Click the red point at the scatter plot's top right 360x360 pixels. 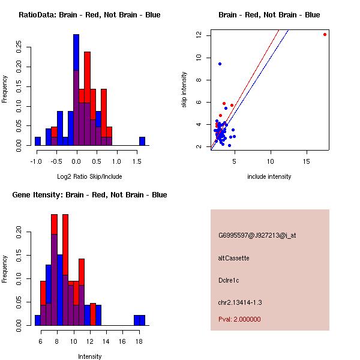[325, 34]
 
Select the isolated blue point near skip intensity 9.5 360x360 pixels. [220, 64]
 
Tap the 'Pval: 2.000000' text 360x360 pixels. [239, 319]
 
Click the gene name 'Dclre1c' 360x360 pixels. [230, 280]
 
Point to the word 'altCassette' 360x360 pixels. [233, 258]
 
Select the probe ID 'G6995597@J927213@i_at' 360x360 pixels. [257, 235]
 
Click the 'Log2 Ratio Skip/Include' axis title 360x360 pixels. [89, 176]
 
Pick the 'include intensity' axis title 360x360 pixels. [269, 176]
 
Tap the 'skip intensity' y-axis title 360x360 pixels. [184, 90]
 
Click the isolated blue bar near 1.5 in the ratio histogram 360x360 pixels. [142, 141]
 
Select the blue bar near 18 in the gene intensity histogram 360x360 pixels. [139, 320]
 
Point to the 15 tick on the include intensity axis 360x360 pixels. [307, 161]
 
